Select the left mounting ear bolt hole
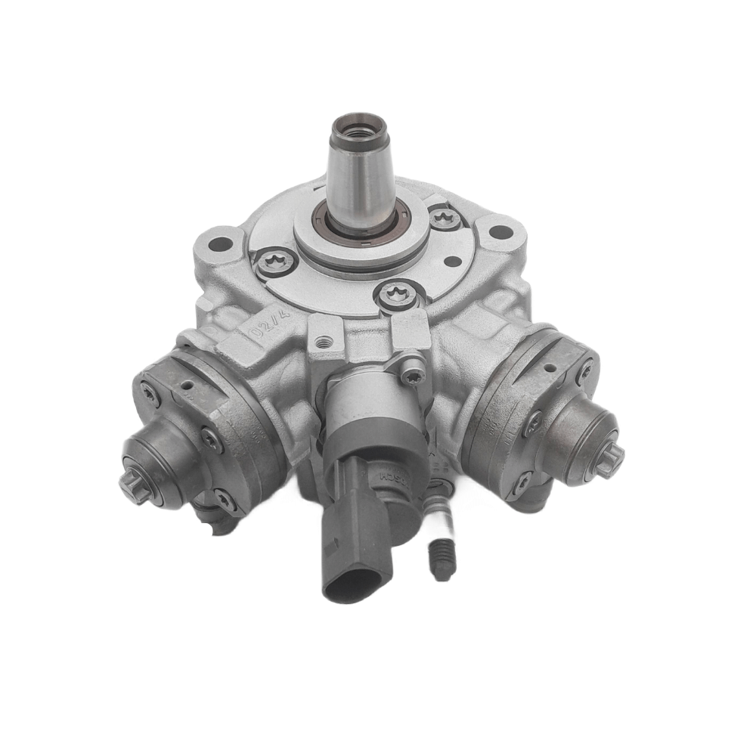tap(221, 243)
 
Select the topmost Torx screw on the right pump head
tap(584, 369)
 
